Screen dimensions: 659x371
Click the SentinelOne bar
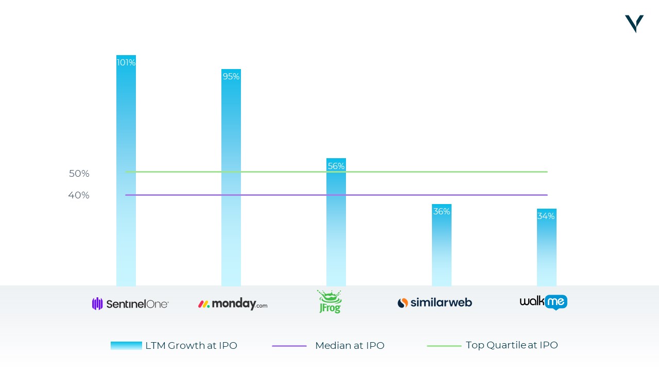pyautogui.click(x=126, y=171)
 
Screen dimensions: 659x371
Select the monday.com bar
pyautogui.click(x=231, y=178)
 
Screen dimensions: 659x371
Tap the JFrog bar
pyautogui.click(x=336, y=222)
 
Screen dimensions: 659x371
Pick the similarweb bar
pyautogui.click(x=442, y=245)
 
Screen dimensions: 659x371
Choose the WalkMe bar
pyautogui.click(x=547, y=247)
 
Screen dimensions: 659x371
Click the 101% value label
pyautogui.click(x=126, y=62)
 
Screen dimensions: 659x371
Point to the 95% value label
pyautogui.click(x=231, y=77)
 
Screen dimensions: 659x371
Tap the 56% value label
pyautogui.click(x=336, y=166)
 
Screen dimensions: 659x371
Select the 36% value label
pyautogui.click(x=442, y=211)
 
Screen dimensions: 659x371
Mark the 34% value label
pyautogui.click(x=546, y=216)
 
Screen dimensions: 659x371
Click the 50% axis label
pyautogui.click(x=79, y=174)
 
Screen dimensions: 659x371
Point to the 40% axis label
pyautogui.click(x=79, y=195)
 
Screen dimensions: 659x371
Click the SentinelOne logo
pyautogui.click(x=130, y=303)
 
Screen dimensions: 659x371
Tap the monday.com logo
pyautogui.click(x=233, y=303)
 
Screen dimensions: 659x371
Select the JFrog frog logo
pyautogui.click(x=330, y=301)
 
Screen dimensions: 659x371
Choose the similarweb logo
pyautogui.click(x=435, y=302)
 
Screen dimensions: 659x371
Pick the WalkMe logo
pyautogui.click(x=543, y=302)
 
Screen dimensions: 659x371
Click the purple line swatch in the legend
pyautogui.click(x=289, y=346)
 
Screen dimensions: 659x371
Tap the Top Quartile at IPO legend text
pyautogui.click(x=512, y=345)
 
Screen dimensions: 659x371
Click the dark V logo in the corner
pyautogui.click(x=634, y=24)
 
